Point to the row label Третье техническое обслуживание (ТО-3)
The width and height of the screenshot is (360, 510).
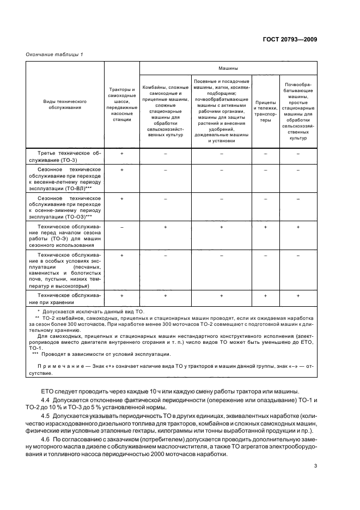[x=65, y=157]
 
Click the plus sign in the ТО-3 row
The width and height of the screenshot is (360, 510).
[x=121, y=154]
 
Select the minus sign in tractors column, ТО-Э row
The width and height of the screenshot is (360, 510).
[x=121, y=226]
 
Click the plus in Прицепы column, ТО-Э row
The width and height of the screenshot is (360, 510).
[x=265, y=226]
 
